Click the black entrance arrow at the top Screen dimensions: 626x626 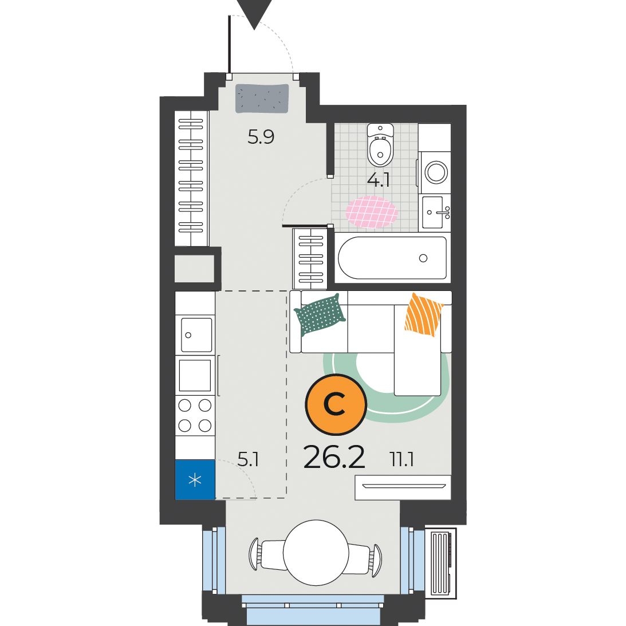click(x=254, y=12)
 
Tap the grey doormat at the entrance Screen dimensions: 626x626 click(x=262, y=99)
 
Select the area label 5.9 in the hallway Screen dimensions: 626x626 click(x=261, y=137)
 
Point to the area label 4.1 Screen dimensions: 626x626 click(x=379, y=180)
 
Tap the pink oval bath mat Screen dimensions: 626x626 click(x=372, y=211)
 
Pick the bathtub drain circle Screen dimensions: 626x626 click(x=423, y=258)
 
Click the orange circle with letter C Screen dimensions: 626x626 click(x=336, y=404)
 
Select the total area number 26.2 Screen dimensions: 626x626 click(x=334, y=458)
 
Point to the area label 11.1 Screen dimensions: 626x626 click(x=401, y=459)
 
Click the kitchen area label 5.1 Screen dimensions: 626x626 click(x=248, y=459)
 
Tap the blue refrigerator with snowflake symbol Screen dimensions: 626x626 click(x=195, y=479)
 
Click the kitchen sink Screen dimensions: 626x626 click(x=196, y=334)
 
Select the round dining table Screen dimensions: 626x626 click(x=316, y=553)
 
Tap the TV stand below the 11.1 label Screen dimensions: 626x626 click(x=403, y=487)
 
